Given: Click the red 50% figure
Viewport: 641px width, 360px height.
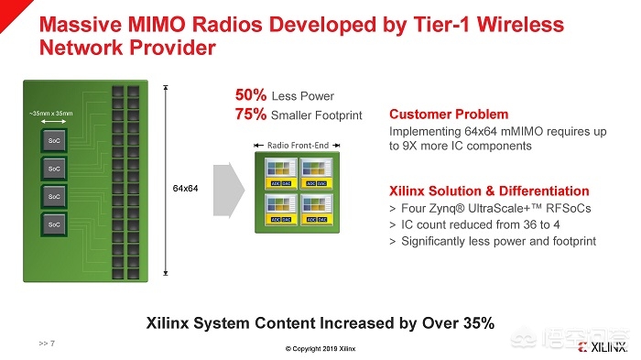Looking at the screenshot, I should click(x=252, y=96).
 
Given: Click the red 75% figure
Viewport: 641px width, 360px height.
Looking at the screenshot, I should click(x=252, y=115).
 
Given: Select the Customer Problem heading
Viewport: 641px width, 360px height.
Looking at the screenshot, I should click(x=448, y=115).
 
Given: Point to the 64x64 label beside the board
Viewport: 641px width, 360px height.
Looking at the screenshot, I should click(x=186, y=188).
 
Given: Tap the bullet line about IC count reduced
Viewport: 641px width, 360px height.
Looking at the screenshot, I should click(x=466, y=225).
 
